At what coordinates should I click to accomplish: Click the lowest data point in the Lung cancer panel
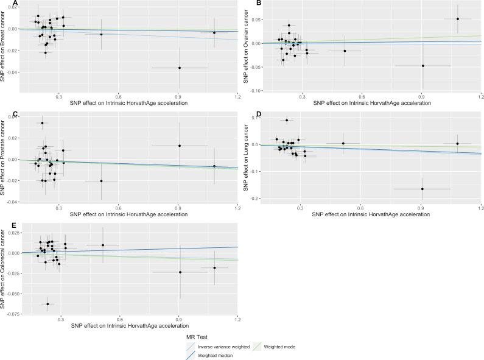[422, 189]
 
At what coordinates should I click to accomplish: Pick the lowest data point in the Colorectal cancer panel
[47, 304]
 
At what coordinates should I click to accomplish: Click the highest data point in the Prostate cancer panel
[42, 123]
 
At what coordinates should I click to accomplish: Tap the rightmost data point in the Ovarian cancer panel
[457, 19]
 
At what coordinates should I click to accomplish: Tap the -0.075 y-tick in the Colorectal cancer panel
[15, 314]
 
